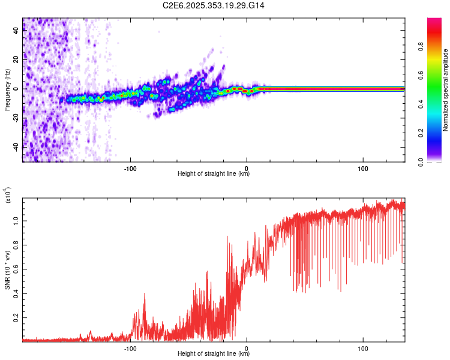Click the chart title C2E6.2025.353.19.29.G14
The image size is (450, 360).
point(214,5)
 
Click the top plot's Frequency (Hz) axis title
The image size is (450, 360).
point(7,89)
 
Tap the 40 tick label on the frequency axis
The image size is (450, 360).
point(16,31)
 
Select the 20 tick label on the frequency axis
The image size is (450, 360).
point(16,60)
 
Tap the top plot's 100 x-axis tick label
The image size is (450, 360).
point(363,167)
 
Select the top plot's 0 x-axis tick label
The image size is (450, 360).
point(247,167)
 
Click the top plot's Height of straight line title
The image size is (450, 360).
point(214,174)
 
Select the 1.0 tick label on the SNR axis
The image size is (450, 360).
point(16,221)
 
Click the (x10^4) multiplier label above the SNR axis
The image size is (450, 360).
point(8,196)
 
